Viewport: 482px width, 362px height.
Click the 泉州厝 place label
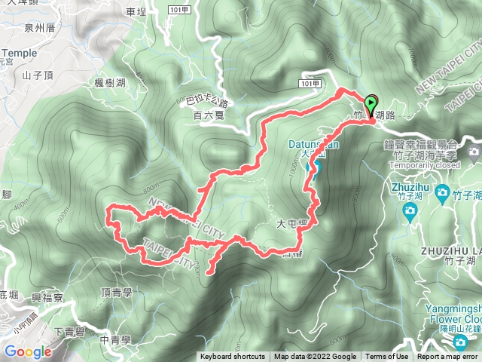(40, 28)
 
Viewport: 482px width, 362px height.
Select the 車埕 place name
(136, 12)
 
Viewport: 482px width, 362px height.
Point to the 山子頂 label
(36, 75)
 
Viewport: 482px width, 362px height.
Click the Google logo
(28, 351)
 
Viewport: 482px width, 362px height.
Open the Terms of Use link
(387, 357)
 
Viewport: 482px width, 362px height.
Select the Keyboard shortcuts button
(232, 357)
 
